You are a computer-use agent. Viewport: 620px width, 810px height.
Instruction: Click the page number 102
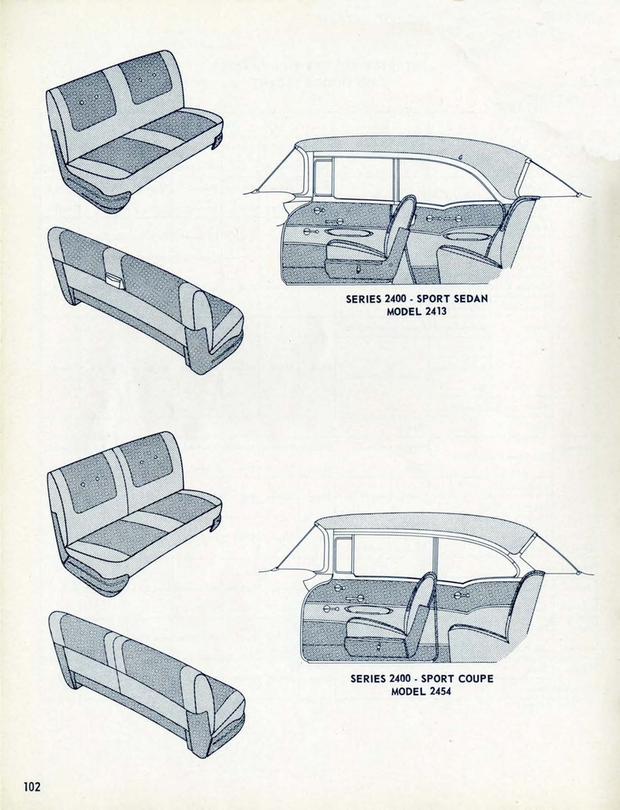32,786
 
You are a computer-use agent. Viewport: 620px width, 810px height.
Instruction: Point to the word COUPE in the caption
475,679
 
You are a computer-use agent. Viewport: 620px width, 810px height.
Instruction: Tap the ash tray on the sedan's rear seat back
113,279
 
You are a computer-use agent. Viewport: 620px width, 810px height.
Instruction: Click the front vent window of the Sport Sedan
323,178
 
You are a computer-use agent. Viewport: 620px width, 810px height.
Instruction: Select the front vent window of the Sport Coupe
344,555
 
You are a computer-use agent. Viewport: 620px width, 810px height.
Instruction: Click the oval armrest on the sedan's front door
348,233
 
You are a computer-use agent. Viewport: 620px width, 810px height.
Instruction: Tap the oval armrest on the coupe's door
367,610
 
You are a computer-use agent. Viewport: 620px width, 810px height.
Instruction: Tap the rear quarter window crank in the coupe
460,595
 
